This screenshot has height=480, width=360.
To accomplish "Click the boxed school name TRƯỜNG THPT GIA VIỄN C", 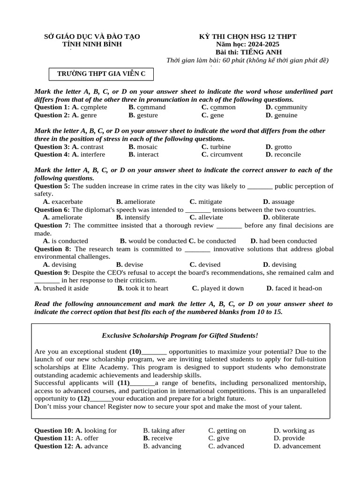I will (101, 74).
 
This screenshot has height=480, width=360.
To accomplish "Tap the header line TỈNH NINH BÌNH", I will (92, 45).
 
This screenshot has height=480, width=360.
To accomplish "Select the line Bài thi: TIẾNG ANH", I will (248, 52).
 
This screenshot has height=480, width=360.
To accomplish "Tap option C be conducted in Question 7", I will (212, 241).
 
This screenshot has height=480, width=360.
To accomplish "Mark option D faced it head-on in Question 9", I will (294, 288).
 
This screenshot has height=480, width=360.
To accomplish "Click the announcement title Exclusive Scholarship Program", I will (180, 336).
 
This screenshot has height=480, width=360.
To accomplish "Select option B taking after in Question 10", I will (164, 431).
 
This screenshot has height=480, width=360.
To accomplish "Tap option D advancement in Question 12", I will (297, 446).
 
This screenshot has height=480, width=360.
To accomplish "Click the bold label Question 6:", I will (52, 210).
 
